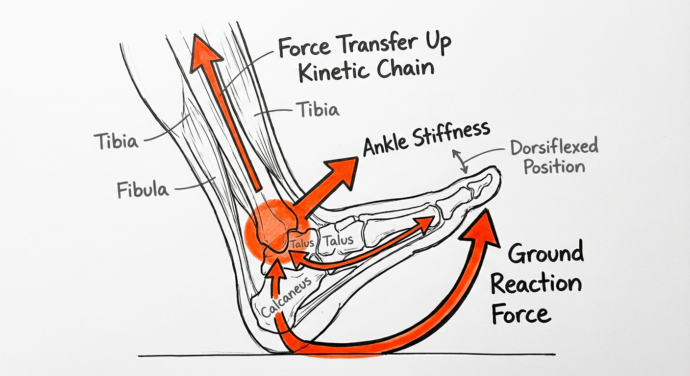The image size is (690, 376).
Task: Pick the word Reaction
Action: pyautogui.click(x=536, y=285)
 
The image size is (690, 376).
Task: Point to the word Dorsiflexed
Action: pyautogui.click(x=554, y=147)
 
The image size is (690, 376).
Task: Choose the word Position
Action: pyautogui.click(x=554, y=166)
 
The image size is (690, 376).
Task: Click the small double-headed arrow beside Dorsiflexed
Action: pyautogui.click(x=461, y=161)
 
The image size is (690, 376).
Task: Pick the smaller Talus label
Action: pyautogui.click(x=301, y=243)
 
